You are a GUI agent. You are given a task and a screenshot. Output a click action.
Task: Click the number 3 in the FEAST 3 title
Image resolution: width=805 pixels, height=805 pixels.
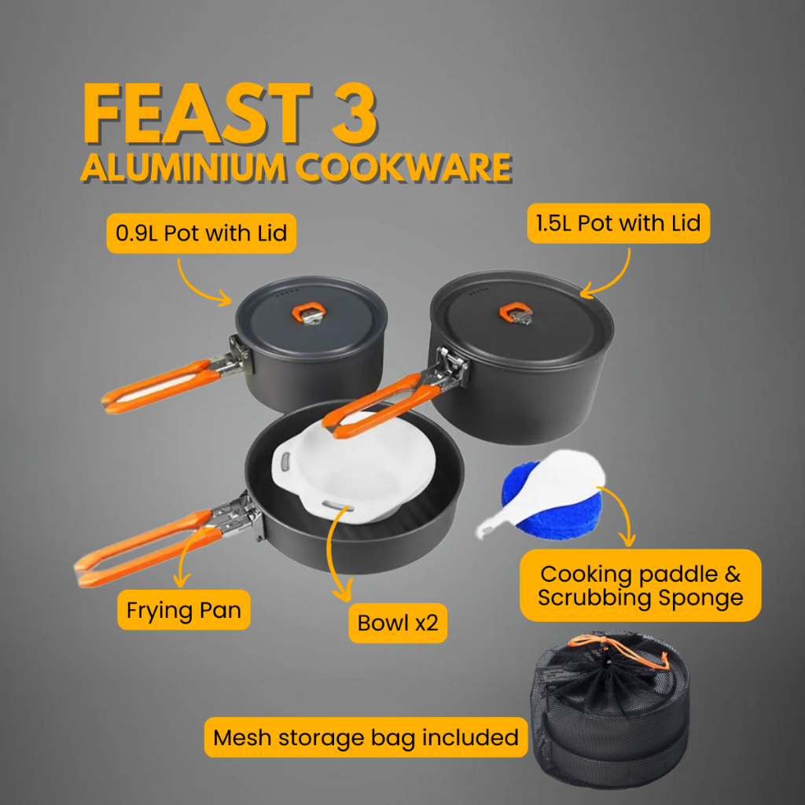pyautogui.click(x=355, y=113)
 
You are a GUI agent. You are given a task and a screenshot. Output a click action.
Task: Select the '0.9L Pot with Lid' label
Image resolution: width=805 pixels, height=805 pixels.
pyautogui.click(x=201, y=233)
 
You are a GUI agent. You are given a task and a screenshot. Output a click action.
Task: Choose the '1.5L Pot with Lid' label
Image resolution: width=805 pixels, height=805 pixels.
pyautogui.click(x=618, y=223)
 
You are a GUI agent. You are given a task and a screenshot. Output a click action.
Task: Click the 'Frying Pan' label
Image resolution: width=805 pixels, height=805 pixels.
pyautogui.click(x=184, y=610)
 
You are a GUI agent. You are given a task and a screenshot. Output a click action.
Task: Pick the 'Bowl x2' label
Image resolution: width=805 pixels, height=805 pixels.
pyautogui.click(x=398, y=623)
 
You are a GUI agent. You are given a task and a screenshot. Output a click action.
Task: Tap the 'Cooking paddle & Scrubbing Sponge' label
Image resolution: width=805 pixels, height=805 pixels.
pyautogui.click(x=640, y=585)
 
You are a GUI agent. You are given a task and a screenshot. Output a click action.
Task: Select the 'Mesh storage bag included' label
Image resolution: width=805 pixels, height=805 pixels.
pyautogui.click(x=366, y=737)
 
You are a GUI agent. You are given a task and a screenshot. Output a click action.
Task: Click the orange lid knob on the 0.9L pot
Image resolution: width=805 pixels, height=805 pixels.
pyautogui.click(x=308, y=312)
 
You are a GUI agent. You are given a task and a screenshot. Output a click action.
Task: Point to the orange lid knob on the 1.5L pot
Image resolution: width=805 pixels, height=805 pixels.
pyautogui.click(x=516, y=313)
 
